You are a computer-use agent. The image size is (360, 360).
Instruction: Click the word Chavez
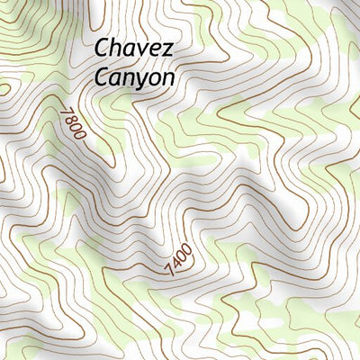click(133, 47)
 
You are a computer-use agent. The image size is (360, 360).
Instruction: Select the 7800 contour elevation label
click(74, 123)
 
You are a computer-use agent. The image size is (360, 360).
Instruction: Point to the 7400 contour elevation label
click(178, 262)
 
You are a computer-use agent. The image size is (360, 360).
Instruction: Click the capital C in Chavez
click(102, 47)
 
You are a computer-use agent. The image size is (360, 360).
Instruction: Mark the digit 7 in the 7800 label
click(66, 112)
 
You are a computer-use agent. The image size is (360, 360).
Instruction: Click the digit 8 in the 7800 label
click(71, 119)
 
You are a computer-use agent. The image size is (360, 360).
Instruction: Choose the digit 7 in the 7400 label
click(169, 273)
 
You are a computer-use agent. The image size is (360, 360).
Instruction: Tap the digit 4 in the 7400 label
click(175, 265)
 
